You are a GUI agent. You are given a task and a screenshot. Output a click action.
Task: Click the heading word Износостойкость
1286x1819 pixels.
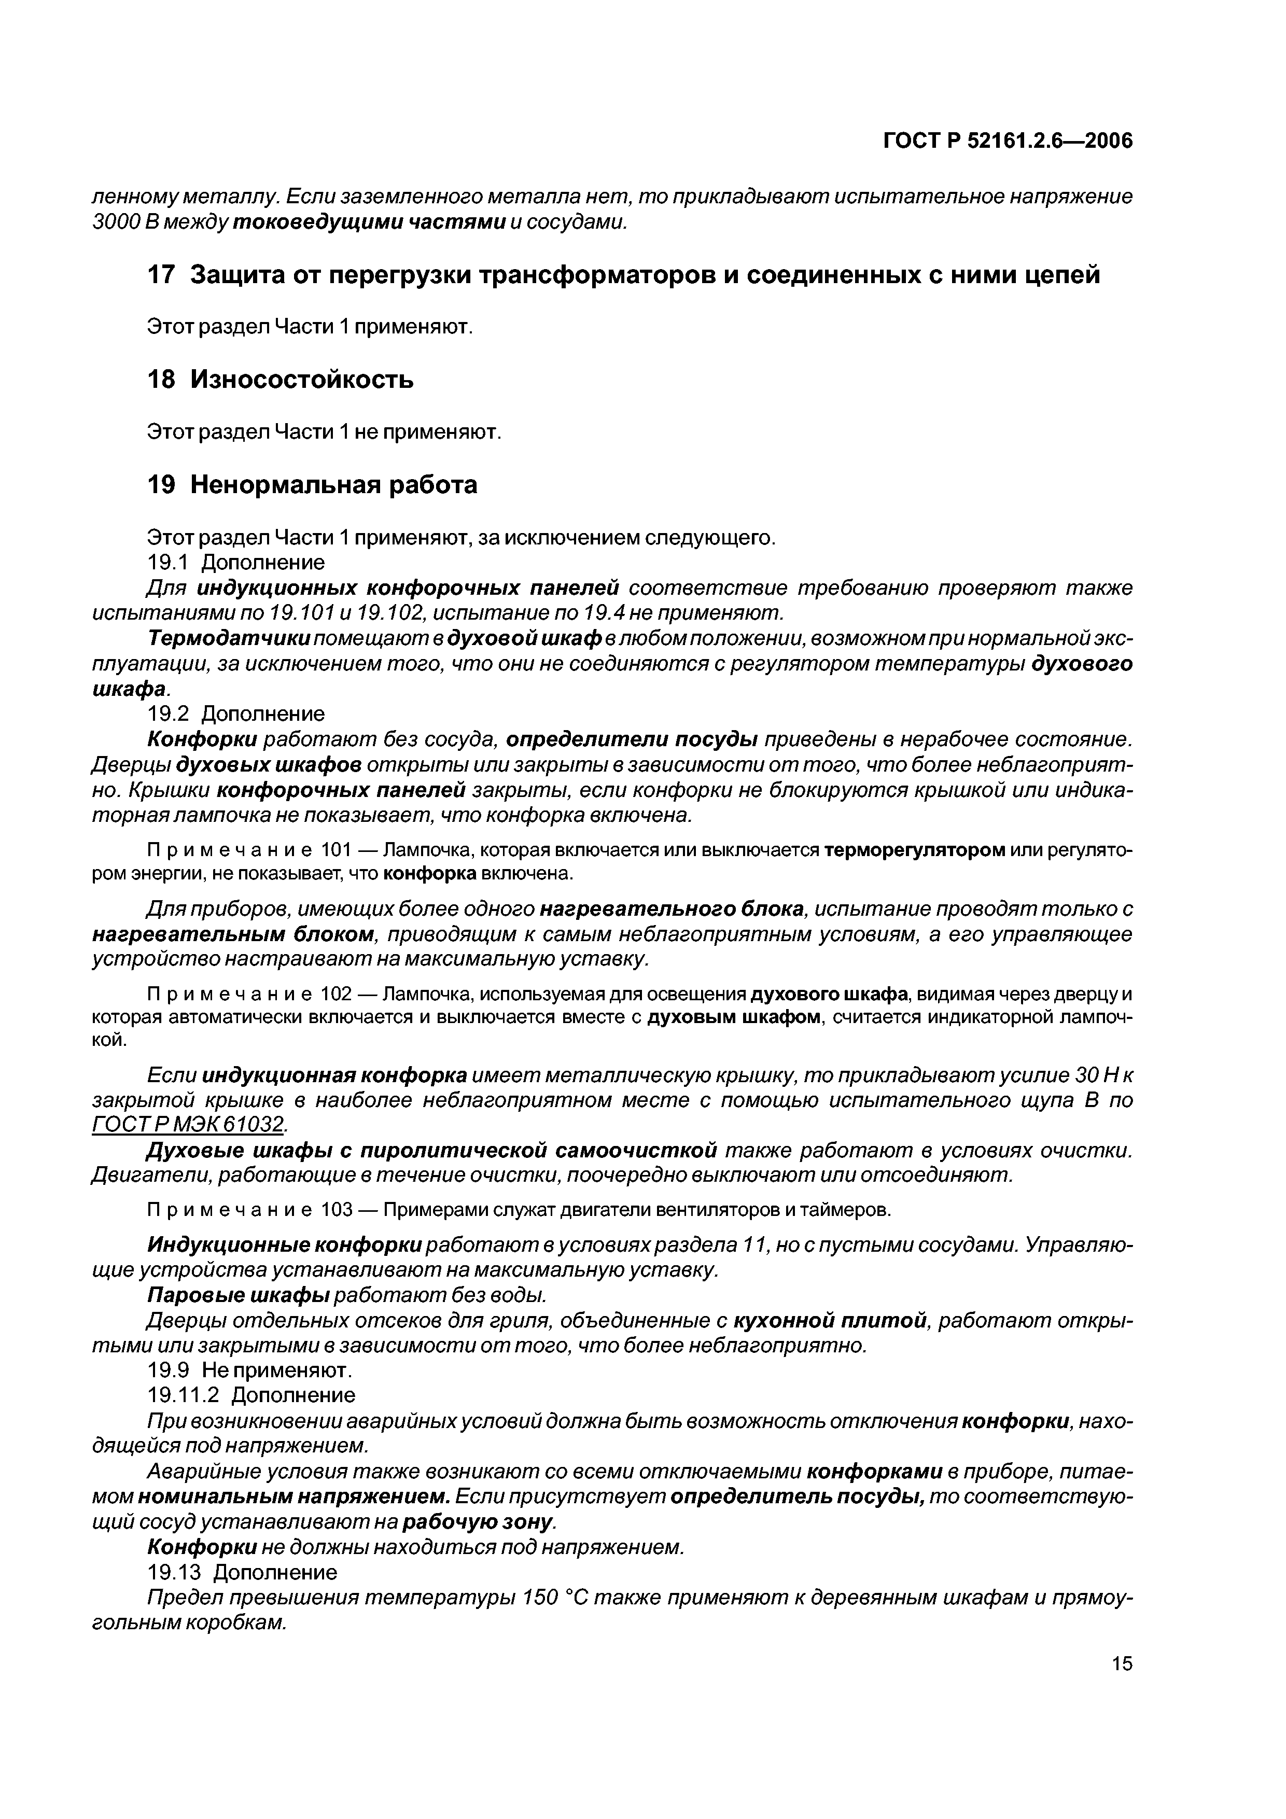coord(302,380)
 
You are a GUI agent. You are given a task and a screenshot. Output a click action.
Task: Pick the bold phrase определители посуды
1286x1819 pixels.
coord(632,739)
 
